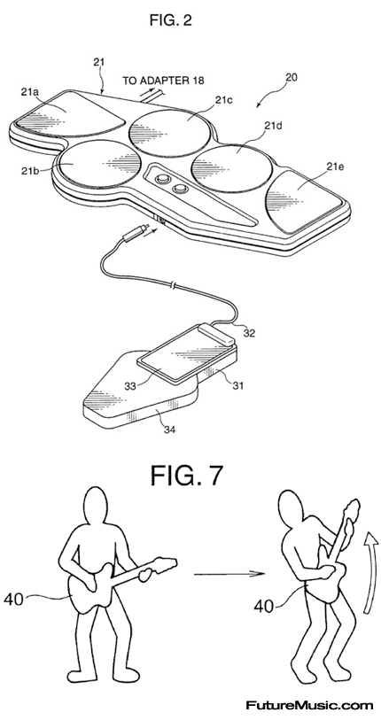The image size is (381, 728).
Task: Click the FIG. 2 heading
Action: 170,20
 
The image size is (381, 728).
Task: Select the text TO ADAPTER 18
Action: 163,81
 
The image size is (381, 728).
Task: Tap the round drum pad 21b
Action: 100,163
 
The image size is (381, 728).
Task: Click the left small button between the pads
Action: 162,179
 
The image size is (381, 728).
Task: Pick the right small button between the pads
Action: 179,189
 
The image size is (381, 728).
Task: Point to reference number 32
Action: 249,333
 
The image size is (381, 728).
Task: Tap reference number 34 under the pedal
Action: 169,429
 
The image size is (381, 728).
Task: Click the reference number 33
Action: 130,386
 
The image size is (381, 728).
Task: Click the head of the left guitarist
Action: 95,507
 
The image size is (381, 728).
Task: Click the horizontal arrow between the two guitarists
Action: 229,574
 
